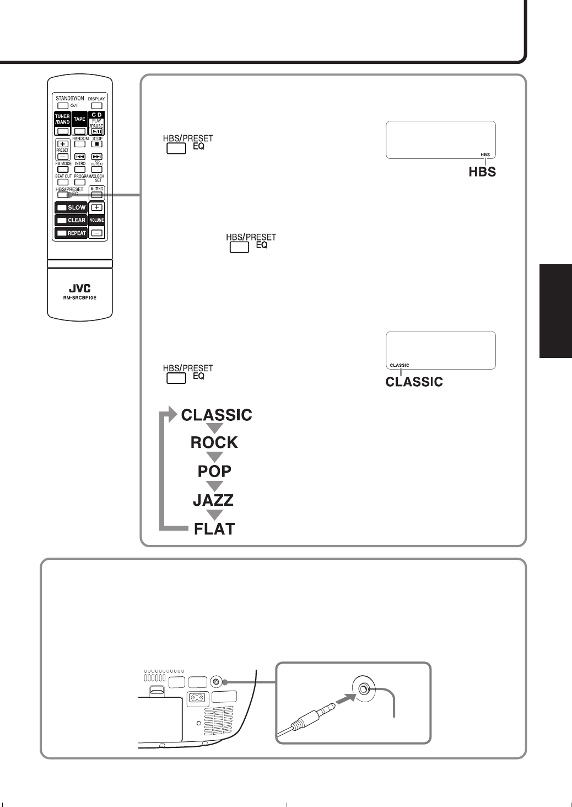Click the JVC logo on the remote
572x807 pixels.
click(80, 288)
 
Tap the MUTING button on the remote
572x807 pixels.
click(97, 195)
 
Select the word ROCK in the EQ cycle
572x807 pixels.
click(214, 442)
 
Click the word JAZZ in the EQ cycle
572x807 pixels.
click(213, 500)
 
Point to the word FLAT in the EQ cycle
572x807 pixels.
click(214, 529)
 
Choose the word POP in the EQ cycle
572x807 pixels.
click(214, 471)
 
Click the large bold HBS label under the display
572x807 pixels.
click(482, 172)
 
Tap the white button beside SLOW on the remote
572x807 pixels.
click(62, 208)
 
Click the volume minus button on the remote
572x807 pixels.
click(97, 233)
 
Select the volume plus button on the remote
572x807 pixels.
click(97, 208)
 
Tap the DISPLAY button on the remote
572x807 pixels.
click(97, 106)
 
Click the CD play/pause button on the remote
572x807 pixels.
click(97, 131)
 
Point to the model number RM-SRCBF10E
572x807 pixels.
click(80, 298)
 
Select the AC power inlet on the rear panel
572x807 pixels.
click(197, 697)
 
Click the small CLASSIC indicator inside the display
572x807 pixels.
click(400, 365)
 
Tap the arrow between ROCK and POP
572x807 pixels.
click(214, 457)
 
